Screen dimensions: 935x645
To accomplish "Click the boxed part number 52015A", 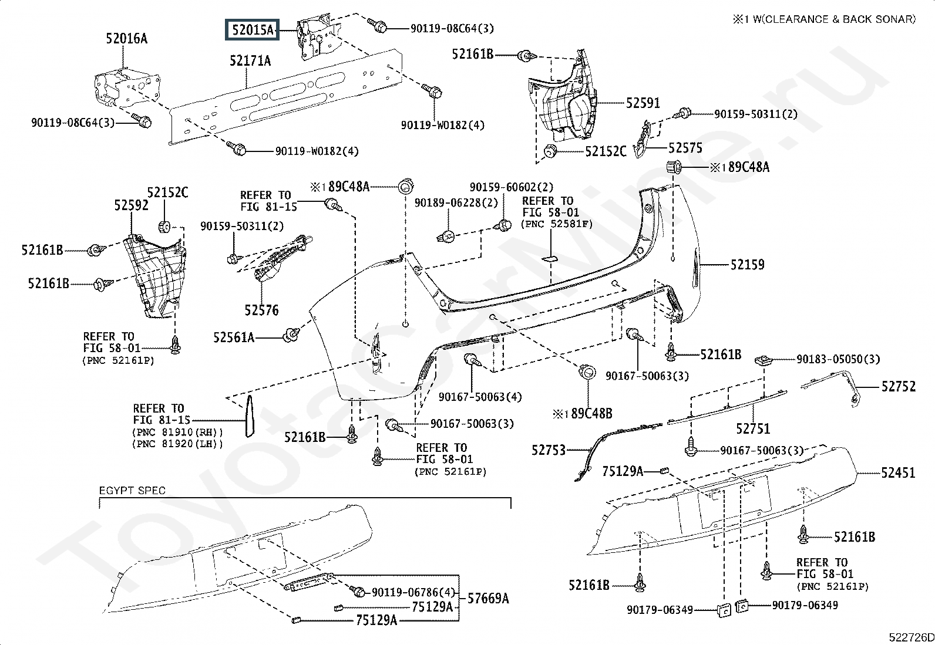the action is click(x=252, y=29).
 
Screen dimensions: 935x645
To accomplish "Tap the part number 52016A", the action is click(x=126, y=38).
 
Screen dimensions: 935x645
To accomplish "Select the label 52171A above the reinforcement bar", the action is click(x=250, y=61).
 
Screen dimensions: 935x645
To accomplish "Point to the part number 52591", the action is click(x=643, y=103).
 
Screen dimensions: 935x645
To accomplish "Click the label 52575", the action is click(x=685, y=148).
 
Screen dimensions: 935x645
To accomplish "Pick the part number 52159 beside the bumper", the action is click(x=747, y=265).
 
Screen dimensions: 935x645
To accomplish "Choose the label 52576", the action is click(x=261, y=310).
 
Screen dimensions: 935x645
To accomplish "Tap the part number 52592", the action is click(x=131, y=205).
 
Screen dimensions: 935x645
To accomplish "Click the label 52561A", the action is click(x=234, y=337).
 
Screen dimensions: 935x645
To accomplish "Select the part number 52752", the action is click(x=898, y=386).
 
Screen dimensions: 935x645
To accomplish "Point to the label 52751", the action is click(x=753, y=428).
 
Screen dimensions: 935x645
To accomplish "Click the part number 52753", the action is click(x=549, y=450).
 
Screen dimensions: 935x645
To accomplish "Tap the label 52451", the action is click(x=898, y=472).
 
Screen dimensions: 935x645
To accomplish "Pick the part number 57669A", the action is click(x=488, y=599).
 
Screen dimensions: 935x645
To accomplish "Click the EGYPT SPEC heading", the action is click(x=132, y=490).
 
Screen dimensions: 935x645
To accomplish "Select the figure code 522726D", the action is click(x=911, y=637).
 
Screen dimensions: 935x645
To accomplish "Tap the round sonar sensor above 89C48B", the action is click(x=587, y=372).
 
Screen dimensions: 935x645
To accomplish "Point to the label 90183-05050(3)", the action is click(x=838, y=359).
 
